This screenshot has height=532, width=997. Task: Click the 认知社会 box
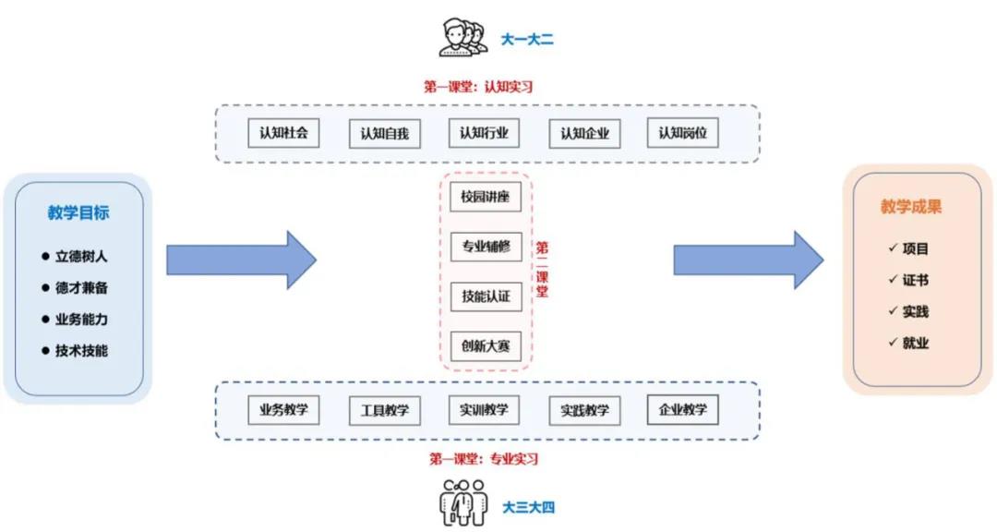click(x=283, y=132)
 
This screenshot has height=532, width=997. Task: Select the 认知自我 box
click(x=384, y=134)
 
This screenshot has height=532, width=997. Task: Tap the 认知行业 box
click(x=484, y=133)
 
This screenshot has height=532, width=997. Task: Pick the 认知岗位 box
click(x=682, y=133)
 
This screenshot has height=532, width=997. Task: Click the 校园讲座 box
click(x=486, y=197)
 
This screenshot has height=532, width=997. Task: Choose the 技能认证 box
click(x=486, y=296)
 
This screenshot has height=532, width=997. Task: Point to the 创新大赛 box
click(x=486, y=346)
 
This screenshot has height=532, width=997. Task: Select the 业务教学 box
click(x=283, y=410)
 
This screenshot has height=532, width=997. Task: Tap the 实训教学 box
click(x=484, y=410)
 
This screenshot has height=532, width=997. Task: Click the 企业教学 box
click(x=683, y=408)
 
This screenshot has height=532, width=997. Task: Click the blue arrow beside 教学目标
click(x=241, y=260)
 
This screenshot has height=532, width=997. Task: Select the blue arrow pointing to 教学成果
click(x=748, y=260)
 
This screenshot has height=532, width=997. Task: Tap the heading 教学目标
click(x=78, y=212)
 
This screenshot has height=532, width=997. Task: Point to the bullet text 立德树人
click(x=81, y=257)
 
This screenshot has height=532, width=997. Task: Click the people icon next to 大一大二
click(x=462, y=38)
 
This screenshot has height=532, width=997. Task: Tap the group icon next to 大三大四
click(x=462, y=503)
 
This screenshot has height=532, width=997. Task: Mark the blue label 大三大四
click(x=529, y=507)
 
